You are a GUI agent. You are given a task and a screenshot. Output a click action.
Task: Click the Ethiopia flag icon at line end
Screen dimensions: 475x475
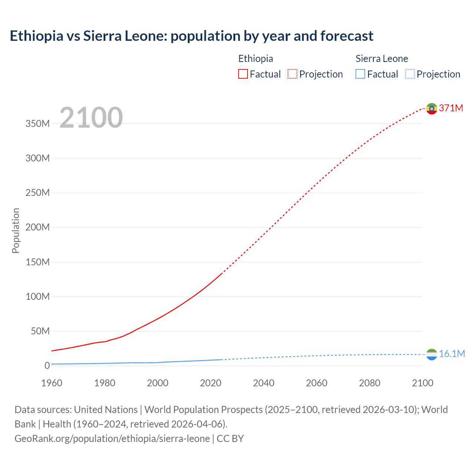tap(432, 109)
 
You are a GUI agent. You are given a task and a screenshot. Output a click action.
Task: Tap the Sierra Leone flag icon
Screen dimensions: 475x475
tap(432, 354)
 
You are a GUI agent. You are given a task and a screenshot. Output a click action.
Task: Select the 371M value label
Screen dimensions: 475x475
tap(451, 108)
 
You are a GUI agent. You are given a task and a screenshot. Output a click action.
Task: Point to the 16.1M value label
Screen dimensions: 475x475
tap(452, 354)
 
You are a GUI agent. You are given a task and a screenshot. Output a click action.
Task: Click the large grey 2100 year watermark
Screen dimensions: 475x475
tap(91, 118)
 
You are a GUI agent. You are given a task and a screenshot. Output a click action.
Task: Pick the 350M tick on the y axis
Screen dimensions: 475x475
tap(37, 124)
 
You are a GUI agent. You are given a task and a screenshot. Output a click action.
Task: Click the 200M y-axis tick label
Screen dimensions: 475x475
tap(37, 227)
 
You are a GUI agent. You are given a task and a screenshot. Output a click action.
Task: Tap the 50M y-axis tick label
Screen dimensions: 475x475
tap(40, 331)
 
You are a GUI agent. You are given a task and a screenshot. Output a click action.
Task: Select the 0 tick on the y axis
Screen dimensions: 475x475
tap(47, 366)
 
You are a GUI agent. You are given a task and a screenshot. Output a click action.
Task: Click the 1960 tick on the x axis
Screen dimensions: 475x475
tap(52, 383)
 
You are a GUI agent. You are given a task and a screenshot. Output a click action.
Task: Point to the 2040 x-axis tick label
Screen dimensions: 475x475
tap(263, 383)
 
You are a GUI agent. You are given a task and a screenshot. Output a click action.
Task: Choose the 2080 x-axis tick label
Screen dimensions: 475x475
tap(370, 383)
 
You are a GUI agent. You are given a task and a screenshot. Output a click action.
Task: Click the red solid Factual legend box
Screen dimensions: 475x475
tap(243, 74)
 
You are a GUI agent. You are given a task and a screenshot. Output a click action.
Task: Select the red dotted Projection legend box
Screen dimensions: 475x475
tap(292, 74)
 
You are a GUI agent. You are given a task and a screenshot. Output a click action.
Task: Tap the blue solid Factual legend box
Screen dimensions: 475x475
tap(360, 74)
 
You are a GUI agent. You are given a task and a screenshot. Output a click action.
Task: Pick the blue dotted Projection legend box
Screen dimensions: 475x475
tap(410, 74)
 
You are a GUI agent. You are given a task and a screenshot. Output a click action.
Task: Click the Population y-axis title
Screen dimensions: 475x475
tap(16, 230)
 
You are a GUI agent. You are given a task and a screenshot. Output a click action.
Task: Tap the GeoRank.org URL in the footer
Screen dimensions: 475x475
tap(112, 439)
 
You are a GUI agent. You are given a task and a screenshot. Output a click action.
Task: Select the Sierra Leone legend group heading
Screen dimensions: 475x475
tap(381, 59)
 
